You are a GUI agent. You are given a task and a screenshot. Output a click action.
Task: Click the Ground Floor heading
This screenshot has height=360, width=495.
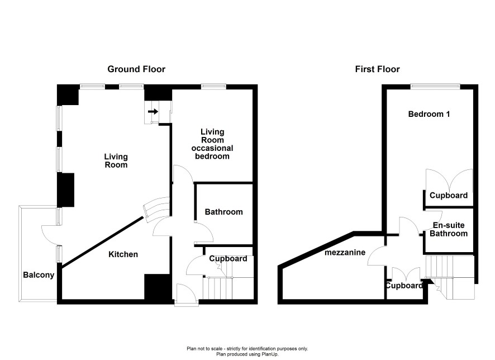click(x=136, y=69)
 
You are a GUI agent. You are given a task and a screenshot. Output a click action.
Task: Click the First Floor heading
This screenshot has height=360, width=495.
click(x=377, y=69)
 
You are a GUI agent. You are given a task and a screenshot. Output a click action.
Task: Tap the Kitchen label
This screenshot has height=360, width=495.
click(x=123, y=254)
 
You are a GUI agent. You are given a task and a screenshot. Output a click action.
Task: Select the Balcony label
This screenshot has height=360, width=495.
click(x=39, y=275)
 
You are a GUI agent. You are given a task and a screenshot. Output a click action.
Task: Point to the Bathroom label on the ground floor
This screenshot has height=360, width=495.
click(x=224, y=212)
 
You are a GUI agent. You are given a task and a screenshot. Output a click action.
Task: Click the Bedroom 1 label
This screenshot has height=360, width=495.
click(x=429, y=114)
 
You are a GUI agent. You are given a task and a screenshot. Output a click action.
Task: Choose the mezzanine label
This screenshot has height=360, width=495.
click(x=345, y=252)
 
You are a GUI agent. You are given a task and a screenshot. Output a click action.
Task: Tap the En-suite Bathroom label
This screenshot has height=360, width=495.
click(x=449, y=229)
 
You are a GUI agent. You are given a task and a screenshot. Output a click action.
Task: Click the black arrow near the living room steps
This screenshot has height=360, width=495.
click(x=153, y=111)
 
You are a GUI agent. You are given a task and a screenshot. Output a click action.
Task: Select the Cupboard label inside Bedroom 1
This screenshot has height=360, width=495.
click(x=449, y=196)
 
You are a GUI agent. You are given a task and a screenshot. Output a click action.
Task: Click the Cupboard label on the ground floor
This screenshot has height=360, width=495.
click(x=229, y=259)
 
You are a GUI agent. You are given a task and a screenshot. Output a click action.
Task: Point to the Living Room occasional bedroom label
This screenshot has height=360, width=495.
click(x=212, y=144)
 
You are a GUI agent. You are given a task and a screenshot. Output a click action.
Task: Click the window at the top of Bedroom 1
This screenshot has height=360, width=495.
click(x=435, y=86)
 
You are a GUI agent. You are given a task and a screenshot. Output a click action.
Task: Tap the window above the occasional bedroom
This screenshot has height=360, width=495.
click(x=214, y=86)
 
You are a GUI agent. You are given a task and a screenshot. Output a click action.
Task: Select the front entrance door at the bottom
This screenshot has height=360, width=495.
click(x=186, y=294)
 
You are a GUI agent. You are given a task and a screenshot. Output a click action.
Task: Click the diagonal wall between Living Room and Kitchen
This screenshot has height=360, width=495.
click(x=102, y=242)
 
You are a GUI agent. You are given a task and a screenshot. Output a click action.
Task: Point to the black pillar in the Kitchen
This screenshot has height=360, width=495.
click(x=158, y=287)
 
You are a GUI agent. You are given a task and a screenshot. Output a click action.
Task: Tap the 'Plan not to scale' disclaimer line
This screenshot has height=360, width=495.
click(x=247, y=349)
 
